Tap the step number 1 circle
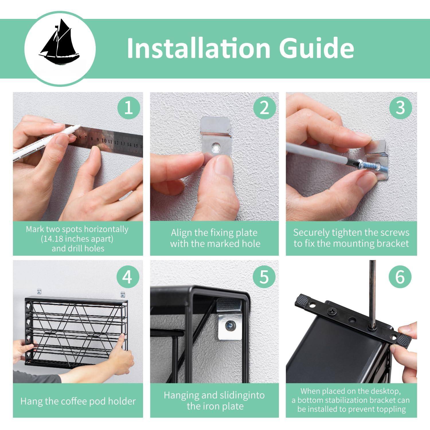pos(129,108)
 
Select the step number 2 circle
pos(264,108)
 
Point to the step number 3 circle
pos(400,108)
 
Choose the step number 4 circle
pos(128,277)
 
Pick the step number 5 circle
pos(264,277)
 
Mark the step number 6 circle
pos(400,277)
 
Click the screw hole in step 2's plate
pos(216,147)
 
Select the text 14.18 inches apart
pos(77,239)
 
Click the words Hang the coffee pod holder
pos(78,401)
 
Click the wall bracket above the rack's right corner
pos(123,294)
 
